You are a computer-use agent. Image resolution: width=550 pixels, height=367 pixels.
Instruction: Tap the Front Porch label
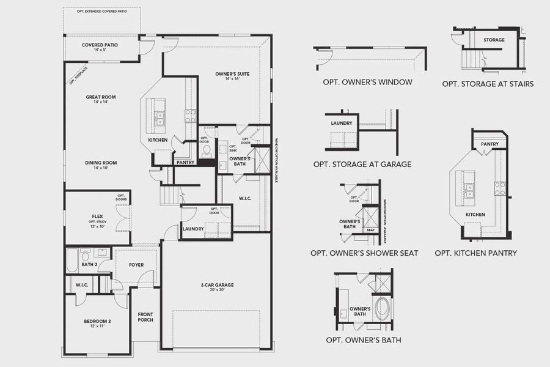(x=145, y=317)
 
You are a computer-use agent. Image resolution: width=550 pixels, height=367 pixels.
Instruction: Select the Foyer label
(x=136, y=265)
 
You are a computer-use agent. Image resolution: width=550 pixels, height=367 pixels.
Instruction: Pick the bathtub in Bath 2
(x=71, y=260)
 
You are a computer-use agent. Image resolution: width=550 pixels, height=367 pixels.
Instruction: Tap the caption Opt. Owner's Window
(x=367, y=82)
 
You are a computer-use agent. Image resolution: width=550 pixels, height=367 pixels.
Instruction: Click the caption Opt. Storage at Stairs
(x=488, y=84)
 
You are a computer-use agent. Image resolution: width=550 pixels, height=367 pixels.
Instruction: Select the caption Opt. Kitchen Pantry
(x=475, y=253)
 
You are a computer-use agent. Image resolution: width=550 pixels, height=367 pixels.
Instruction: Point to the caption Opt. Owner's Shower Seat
(x=364, y=253)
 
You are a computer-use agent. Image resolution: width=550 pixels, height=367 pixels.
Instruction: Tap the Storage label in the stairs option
(x=494, y=40)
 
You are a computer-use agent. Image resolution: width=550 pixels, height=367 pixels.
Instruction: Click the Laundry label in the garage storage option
(x=341, y=123)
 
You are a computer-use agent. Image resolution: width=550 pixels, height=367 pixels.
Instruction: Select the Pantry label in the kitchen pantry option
(x=490, y=145)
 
